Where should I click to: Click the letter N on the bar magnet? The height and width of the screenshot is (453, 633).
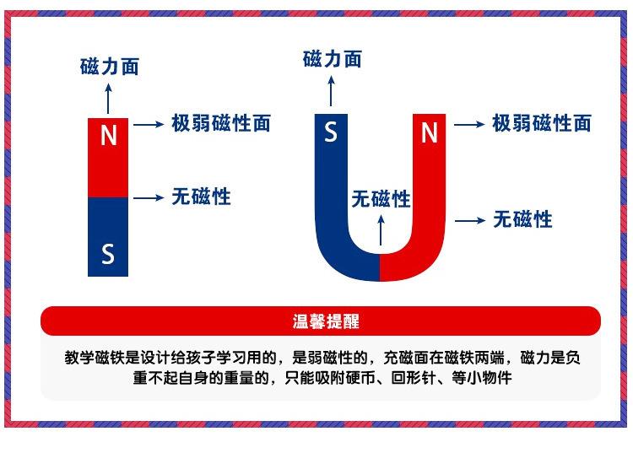108,136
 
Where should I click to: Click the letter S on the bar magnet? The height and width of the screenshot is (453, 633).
108,253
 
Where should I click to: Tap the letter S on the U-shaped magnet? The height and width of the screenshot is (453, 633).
332,132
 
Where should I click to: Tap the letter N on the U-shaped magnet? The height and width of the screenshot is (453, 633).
430,132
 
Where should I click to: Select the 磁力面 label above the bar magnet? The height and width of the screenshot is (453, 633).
109,67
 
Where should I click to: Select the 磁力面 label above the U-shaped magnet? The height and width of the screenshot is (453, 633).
332,58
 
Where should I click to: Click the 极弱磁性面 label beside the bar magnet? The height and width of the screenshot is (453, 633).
221,123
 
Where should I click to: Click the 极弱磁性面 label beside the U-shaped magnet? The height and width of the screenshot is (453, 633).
542,123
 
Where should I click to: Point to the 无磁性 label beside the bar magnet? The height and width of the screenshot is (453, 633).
201,197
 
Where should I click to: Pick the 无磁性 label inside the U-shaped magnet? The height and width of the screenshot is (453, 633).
381,199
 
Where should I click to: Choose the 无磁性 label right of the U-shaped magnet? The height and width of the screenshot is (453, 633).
523,220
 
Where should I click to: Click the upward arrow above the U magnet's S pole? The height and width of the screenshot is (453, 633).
332,89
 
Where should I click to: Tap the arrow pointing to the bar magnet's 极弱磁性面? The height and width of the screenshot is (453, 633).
149,124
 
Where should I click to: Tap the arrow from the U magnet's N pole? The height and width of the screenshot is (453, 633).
469,124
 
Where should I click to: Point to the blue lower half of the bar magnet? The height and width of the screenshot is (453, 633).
108,236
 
